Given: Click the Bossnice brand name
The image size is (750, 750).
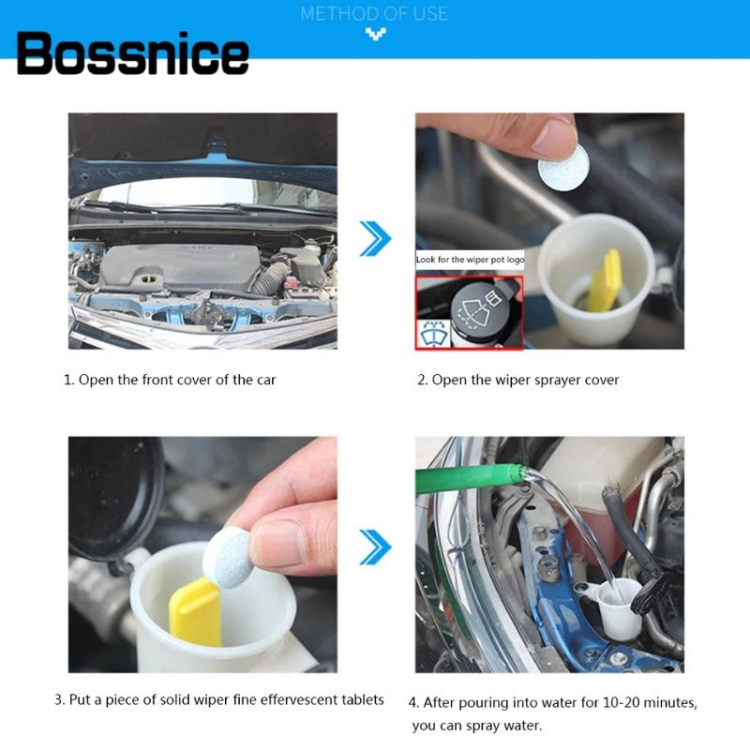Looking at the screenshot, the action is click(x=132, y=53).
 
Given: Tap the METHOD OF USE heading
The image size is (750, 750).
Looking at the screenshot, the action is click(x=374, y=13).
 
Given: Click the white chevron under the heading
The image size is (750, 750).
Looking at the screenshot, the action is click(x=376, y=34).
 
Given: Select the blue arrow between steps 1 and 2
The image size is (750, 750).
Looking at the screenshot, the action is click(x=376, y=238).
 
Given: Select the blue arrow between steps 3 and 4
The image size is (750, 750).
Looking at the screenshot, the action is click(x=376, y=547).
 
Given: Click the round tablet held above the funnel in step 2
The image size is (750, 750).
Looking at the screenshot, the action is click(x=563, y=168).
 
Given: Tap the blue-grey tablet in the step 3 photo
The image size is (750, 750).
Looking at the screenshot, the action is click(x=227, y=557).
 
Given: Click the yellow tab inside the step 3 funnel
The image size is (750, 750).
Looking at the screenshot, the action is click(x=195, y=612).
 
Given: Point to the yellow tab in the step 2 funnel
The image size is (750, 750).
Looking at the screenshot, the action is click(x=604, y=279).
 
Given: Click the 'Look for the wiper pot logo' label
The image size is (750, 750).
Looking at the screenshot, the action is click(x=470, y=260).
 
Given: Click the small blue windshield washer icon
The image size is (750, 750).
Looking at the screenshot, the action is click(x=434, y=334).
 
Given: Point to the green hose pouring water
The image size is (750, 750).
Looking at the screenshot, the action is click(x=470, y=479).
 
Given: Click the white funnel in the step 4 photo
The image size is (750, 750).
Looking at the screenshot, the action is click(x=616, y=607).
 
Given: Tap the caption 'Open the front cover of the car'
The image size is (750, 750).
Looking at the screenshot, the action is click(x=177, y=380).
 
